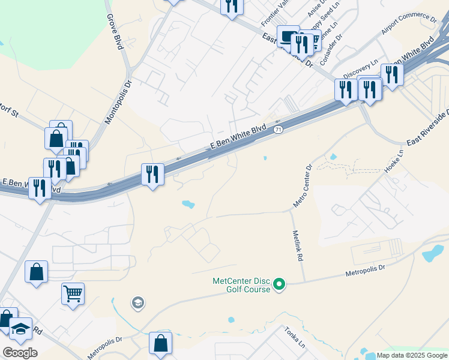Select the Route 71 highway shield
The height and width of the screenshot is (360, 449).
[277, 130]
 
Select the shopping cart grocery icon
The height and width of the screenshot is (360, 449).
[73, 293]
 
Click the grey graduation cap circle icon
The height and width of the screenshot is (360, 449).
[138, 303]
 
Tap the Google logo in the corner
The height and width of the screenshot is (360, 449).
[20, 353]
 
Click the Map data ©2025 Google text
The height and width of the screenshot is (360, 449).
[411, 355]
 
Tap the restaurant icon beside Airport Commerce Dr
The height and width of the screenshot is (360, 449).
[392, 75]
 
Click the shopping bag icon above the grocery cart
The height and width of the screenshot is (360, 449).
[36, 271]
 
